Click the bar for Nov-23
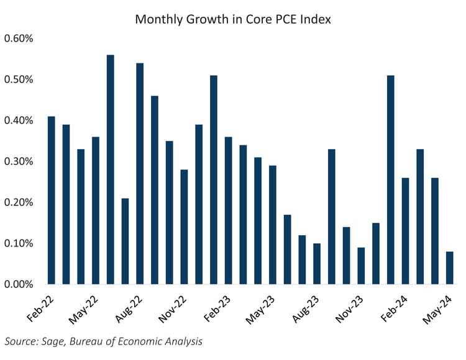click(362, 266)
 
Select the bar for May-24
click(450, 268)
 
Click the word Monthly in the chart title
click(159, 20)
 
